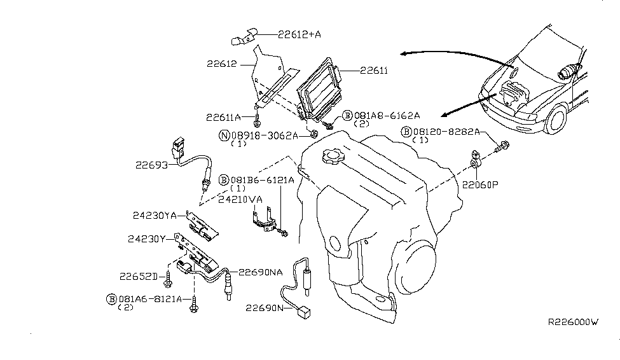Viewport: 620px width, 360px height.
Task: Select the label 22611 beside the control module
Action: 374,71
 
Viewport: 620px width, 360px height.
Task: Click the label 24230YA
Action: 152,215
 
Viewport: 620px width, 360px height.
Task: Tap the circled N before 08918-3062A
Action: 224,135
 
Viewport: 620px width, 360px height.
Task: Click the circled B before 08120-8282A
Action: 406,132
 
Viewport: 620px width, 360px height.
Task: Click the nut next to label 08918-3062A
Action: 314,134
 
